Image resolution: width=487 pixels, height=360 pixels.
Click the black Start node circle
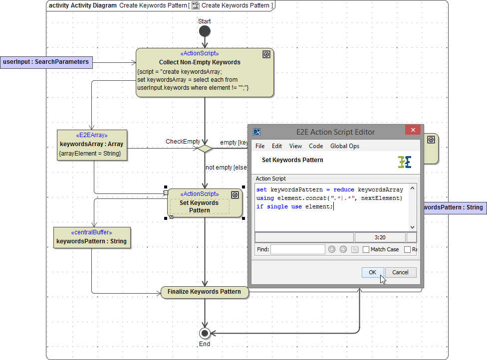click(205, 31)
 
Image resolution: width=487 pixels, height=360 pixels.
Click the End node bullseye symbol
click(205, 333)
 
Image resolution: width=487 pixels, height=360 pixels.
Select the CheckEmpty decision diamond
click(205, 148)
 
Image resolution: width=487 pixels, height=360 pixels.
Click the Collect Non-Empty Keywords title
click(200, 62)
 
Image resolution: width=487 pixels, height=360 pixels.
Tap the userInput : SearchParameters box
click(46, 62)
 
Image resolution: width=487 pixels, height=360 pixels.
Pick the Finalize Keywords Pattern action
click(204, 292)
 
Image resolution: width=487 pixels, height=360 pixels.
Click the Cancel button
click(400, 272)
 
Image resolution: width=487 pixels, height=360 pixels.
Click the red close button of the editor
click(412, 132)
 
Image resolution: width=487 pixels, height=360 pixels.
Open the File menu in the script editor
click(260, 146)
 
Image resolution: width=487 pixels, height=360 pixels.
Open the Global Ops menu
click(345, 146)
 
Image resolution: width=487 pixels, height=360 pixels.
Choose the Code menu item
click(316, 146)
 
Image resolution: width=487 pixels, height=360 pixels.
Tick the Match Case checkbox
click(366, 249)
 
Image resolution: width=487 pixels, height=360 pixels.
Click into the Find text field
click(297, 249)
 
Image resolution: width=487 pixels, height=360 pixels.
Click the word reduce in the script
click(344, 189)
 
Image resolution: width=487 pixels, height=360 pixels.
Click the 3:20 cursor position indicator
click(380, 237)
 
